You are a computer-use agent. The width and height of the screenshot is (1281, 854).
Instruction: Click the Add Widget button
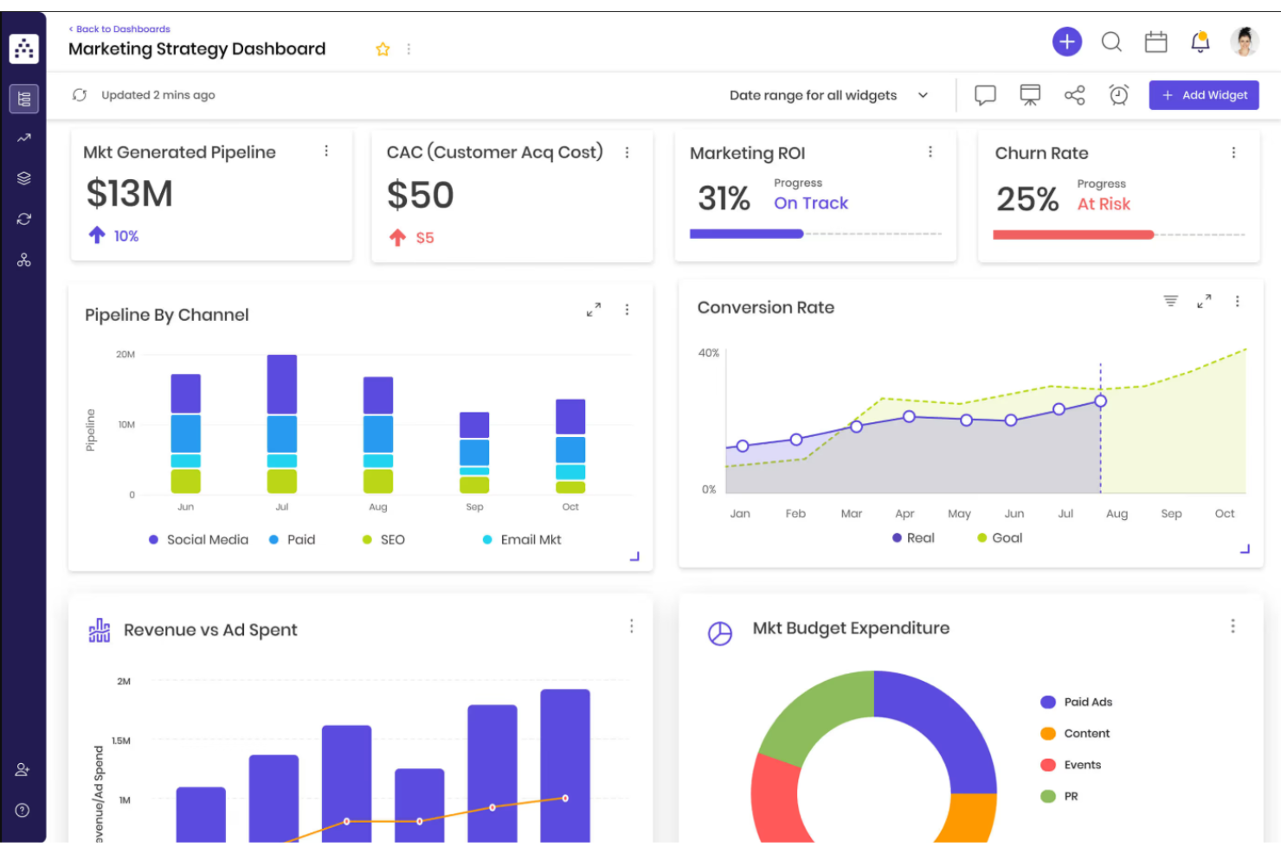pyautogui.click(x=1203, y=95)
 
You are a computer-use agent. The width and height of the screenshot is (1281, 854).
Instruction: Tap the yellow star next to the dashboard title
pyautogui.click(x=383, y=49)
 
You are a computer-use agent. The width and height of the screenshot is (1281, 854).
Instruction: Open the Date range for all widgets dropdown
pyautogui.click(x=827, y=95)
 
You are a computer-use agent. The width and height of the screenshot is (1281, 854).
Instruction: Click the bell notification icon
pyautogui.click(x=1200, y=42)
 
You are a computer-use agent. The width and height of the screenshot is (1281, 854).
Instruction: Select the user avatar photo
pyautogui.click(x=1244, y=42)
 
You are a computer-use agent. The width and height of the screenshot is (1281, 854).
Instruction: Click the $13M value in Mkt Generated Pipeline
pyautogui.click(x=130, y=194)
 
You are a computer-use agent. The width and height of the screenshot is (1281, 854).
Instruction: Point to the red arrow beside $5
pyautogui.click(x=397, y=238)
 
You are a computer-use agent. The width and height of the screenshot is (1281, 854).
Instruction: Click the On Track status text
pyautogui.click(x=810, y=203)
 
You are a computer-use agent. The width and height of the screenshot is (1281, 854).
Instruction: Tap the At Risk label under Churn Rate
pyautogui.click(x=1104, y=204)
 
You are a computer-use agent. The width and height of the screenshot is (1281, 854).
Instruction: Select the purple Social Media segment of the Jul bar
pyautogui.click(x=282, y=384)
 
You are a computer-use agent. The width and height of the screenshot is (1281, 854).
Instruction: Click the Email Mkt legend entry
pyautogui.click(x=530, y=540)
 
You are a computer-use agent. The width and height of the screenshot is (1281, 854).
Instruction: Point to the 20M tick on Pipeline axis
pyautogui.click(x=126, y=355)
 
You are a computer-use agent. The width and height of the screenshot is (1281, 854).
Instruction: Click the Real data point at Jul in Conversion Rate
pyautogui.click(x=1059, y=409)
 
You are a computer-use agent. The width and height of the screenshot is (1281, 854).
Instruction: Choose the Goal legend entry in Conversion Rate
pyautogui.click(x=1006, y=538)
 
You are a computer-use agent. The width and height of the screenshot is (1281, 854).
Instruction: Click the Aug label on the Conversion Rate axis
pyautogui.click(x=1117, y=514)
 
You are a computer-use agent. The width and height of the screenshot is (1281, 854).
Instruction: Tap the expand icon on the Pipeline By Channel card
pyautogui.click(x=594, y=310)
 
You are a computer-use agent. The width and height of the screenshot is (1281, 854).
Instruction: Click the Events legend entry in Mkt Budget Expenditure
pyautogui.click(x=1082, y=765)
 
